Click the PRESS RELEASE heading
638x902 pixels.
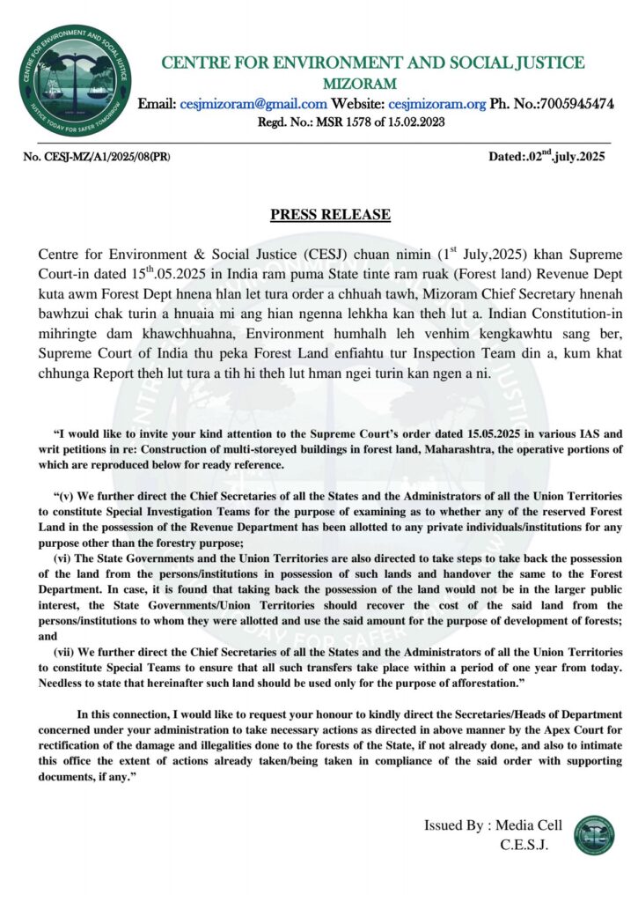coord(330,215)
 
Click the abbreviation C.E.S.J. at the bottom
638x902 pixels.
coord(524,845)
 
